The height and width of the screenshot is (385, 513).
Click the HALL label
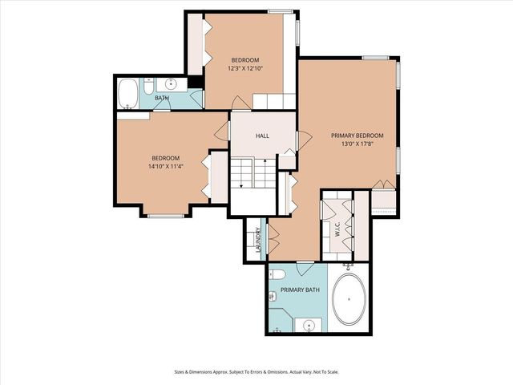click(x=262, y=136)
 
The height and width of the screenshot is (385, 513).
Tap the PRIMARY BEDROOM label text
click(x=357, y=136)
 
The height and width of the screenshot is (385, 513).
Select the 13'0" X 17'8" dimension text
click(x=357, y=145)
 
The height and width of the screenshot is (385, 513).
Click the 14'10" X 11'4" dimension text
click(x=166, y=167)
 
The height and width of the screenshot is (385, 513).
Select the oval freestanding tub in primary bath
click(x=349, y=299)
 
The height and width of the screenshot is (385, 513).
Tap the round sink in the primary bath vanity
click(x=308, y=326)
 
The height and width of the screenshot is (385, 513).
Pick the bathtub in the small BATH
click(x=128, y=94)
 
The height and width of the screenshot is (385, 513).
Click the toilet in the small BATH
click(x=149, y=83)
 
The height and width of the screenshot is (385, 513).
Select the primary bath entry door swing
click(x=305, y=268)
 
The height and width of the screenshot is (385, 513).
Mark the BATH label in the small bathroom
click(x=162, y=98)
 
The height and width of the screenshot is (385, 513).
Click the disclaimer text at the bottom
click(x=256, y=371)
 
